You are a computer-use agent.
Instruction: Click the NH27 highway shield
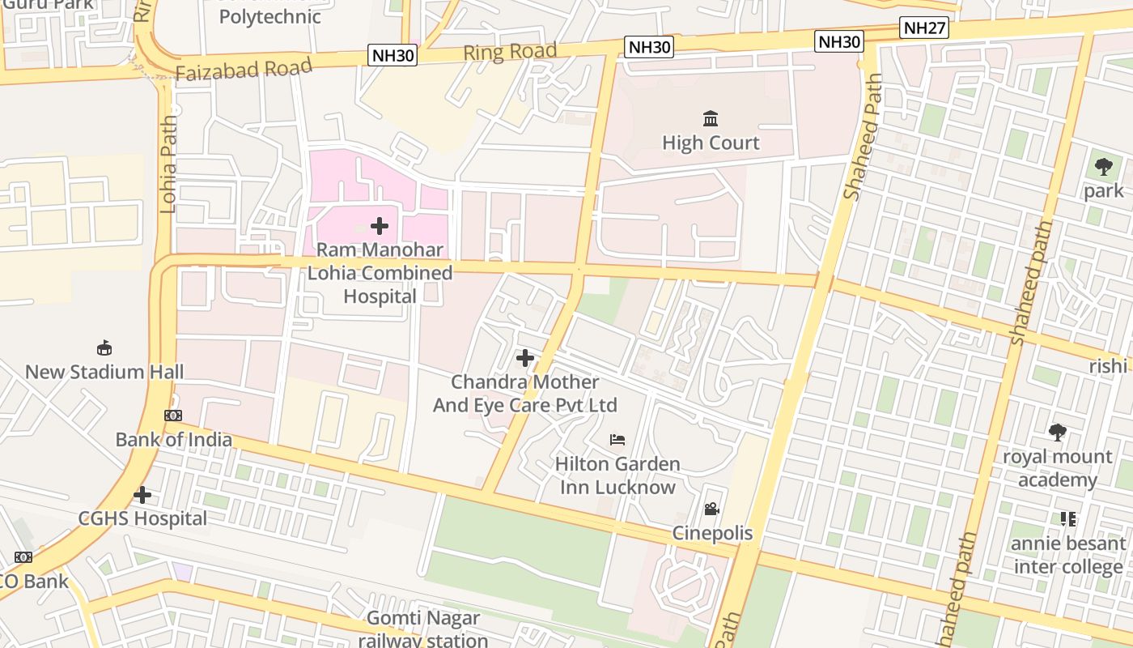pos(923,28)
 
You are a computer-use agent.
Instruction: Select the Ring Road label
pos(510,52)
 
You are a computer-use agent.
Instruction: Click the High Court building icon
pos(711,119)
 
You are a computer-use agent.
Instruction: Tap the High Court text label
pos(711,143)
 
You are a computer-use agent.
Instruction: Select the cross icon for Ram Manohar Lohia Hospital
pos(379,226)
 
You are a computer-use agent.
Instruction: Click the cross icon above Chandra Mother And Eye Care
pos(525,357)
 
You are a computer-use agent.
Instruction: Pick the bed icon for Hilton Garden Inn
pos(617,440)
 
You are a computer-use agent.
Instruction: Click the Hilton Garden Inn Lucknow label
pos(617,475)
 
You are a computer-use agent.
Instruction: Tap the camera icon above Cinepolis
pos(711,509)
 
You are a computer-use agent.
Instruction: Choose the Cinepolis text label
pos(712,534)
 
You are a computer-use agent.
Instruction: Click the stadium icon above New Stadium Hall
pos(104,348)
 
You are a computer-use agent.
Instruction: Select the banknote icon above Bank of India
pos(173,416)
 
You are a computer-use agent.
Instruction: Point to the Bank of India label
pos(173,440)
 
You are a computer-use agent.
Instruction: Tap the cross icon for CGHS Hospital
pos(142,494)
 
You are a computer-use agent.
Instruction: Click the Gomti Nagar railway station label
pos(423,629)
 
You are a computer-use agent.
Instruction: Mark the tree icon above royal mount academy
pos(1057,433)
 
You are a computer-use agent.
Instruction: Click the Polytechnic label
pos(269,16)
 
